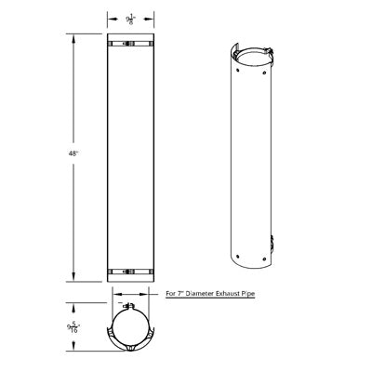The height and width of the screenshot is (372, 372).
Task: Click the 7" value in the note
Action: pyautogui.click(x=179, y=292)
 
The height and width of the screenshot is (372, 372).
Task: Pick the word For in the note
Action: pyautogui.click(x=169, y=292)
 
